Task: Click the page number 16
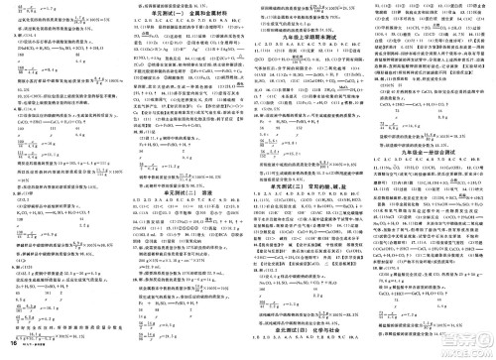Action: [x=11, y=350]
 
